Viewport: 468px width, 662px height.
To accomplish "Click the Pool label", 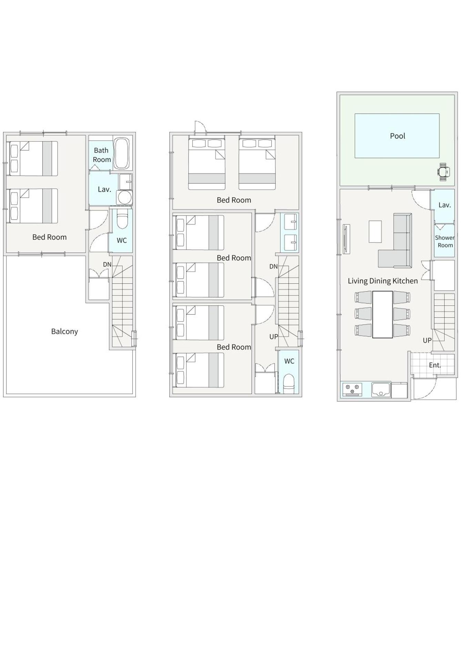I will click(x=397, y=136).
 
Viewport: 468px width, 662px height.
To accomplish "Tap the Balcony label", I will click(x=64, y=331).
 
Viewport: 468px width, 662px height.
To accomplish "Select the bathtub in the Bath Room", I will click(x=121, y=154).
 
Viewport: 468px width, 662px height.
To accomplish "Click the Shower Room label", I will click(x=444, y=241).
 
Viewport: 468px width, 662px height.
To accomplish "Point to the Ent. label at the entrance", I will click(x=435, y=365).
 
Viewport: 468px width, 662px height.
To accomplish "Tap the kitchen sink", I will click(x=381, y=390).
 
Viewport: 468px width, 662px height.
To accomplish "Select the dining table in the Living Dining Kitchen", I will click(x=382, y=314).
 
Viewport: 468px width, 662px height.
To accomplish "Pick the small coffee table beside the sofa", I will click(x=375, y=232).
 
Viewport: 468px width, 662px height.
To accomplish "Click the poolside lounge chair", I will click(x=444, y=172).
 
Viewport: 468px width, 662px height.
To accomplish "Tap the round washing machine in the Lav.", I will click(x=124, y=198).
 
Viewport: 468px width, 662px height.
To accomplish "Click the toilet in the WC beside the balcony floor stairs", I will click(x=122, y=220).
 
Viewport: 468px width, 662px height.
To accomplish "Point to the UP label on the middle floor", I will click(x=274, y=337).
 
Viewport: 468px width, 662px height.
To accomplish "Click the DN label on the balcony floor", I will click(x=107, y=264).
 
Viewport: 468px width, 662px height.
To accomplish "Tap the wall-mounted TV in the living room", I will click(x=346, y=239).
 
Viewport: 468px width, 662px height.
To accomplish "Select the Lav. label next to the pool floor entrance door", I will click(x=444, y=205).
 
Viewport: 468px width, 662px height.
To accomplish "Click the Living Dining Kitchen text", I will click(x=383, y=281).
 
